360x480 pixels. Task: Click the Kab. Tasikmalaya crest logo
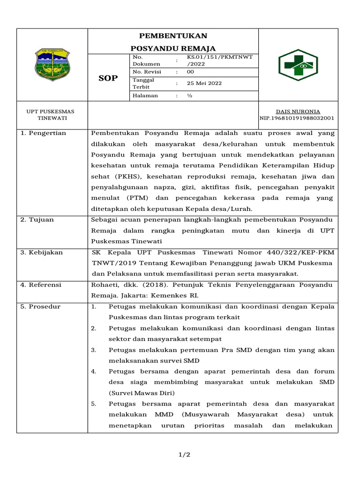click(x=52, y=65)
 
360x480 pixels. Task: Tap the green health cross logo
click(x=301, y=65)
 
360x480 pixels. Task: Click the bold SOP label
click(x=108, y=78)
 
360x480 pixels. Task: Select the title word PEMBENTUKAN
click(x=173, y=36)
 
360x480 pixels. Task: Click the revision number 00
click(x=190, y=72)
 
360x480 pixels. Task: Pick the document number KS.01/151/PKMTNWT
click(x=219, y=57)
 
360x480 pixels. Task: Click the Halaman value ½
click(x=190, y=96)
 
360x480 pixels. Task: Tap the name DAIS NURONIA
click(x=298, y=112)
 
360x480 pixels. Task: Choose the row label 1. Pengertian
click(x=43, y=133)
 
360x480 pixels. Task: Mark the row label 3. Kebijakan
click(x=42, y=252)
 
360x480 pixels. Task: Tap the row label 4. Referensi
click(x=41, y=285)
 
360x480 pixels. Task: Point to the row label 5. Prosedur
click(x=41, y=307)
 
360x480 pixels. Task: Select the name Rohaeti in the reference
click(x=104, y=285)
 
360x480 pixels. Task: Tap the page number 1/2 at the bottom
click(x=184, y=455)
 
